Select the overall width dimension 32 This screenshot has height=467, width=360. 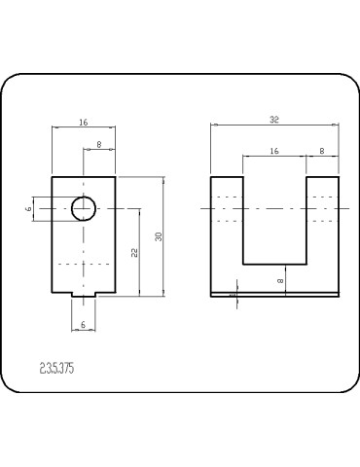[274, 119]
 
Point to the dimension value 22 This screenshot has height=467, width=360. [135, 252]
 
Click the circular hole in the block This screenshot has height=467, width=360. [83, 207]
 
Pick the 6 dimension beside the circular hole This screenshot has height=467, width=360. [29, 207]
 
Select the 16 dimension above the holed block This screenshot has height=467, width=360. [83, 124]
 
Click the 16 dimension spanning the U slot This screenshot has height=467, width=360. [273, 151]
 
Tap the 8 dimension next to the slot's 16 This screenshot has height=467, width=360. [322, 151]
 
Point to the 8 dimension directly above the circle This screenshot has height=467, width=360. [99, 145]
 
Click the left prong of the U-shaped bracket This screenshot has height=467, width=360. [226, 233]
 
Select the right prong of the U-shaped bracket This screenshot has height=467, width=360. [322, 233]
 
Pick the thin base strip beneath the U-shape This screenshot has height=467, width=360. [274, 294]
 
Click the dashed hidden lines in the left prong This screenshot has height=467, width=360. [226, 208]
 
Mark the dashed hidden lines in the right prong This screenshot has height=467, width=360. [322, 208]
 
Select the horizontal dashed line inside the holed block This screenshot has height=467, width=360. [83, 264]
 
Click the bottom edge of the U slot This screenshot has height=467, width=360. [274, 265]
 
